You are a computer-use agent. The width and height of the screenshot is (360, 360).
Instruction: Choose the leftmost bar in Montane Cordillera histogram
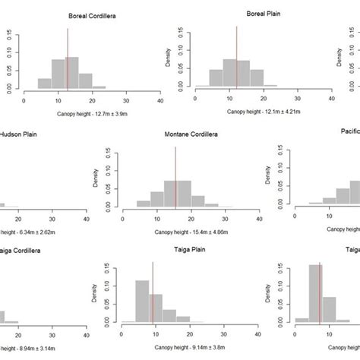click(x=144, y=203)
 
